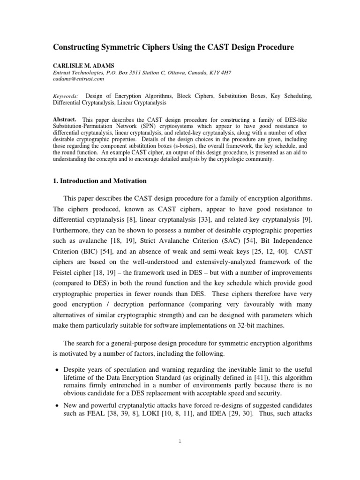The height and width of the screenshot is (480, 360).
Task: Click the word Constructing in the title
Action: click(79, 47)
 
